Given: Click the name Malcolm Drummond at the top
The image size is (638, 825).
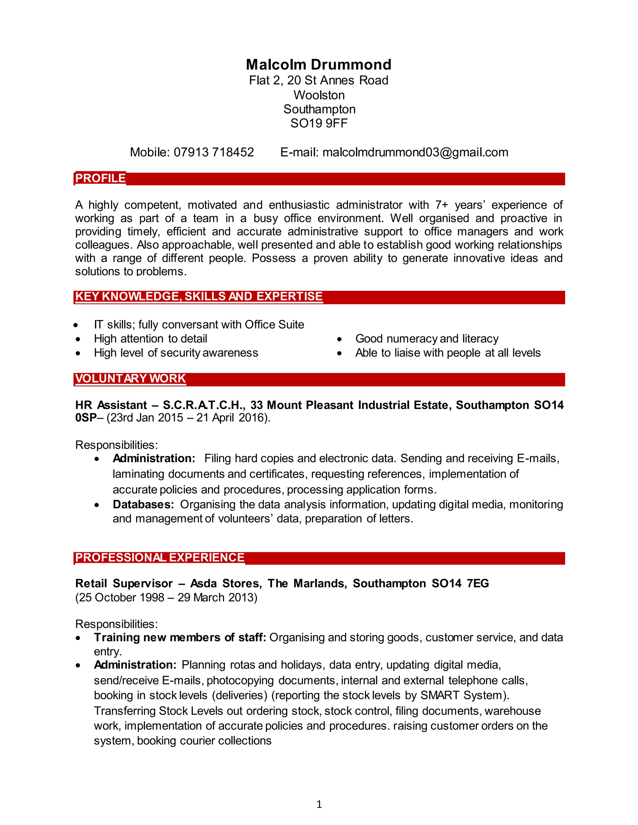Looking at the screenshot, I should [x=319, y=64].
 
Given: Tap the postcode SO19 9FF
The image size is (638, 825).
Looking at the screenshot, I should [x=319, y=123].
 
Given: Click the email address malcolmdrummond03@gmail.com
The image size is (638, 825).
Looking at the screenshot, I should [x=415, y=152].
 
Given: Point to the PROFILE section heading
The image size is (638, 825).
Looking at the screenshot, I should [x=100, y=178].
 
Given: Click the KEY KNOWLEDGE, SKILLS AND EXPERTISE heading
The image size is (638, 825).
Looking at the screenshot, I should [x=198, y=296].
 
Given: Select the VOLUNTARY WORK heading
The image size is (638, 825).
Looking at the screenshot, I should [x=131, y=379].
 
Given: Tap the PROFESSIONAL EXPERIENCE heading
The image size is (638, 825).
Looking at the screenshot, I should [x=159, y=558].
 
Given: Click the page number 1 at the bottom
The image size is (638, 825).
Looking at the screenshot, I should [x=319, y=804].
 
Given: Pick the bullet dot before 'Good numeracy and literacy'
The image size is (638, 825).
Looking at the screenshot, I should [x=340, y=339].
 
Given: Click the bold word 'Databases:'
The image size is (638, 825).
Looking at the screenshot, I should [x=143, y=504].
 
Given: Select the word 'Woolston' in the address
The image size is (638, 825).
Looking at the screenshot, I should [x=319, y=95].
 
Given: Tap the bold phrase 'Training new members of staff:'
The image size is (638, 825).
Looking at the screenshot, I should [x=180, y=637].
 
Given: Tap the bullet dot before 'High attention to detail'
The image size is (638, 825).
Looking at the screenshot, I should [x=78, y=339].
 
